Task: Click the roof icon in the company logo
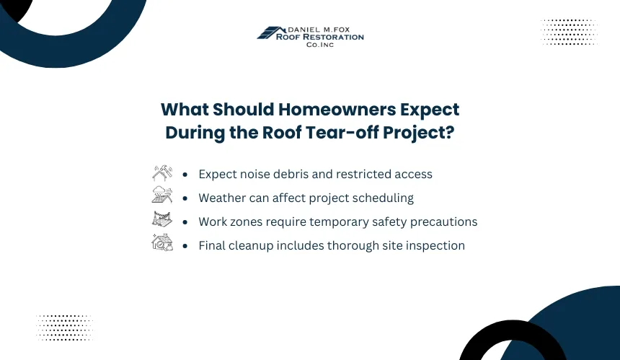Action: click(271, 33)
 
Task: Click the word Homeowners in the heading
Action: click(337, 110)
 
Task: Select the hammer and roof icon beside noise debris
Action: click(162, 173)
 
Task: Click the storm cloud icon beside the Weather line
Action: click(162, 195)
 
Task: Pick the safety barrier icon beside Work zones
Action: click(162, 219)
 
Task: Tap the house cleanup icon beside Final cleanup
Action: click(162, 242)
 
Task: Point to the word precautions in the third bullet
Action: click(443, 222)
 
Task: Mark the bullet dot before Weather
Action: click(185, 198)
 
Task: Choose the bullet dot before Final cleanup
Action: click(185, 246)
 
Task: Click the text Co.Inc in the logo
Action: click(320, 45)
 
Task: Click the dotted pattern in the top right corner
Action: click(569, 32)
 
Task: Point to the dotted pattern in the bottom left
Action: click(64, 328)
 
